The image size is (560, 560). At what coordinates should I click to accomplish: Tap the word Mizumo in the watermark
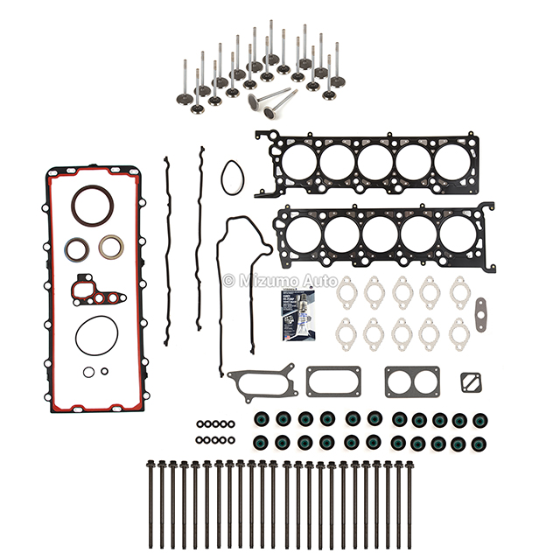261,281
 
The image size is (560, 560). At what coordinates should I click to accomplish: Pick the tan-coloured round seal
111,248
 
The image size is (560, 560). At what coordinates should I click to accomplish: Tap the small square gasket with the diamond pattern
472,382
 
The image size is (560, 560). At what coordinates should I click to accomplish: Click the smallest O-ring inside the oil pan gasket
104,371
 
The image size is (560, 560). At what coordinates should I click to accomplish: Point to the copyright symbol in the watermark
229,281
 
